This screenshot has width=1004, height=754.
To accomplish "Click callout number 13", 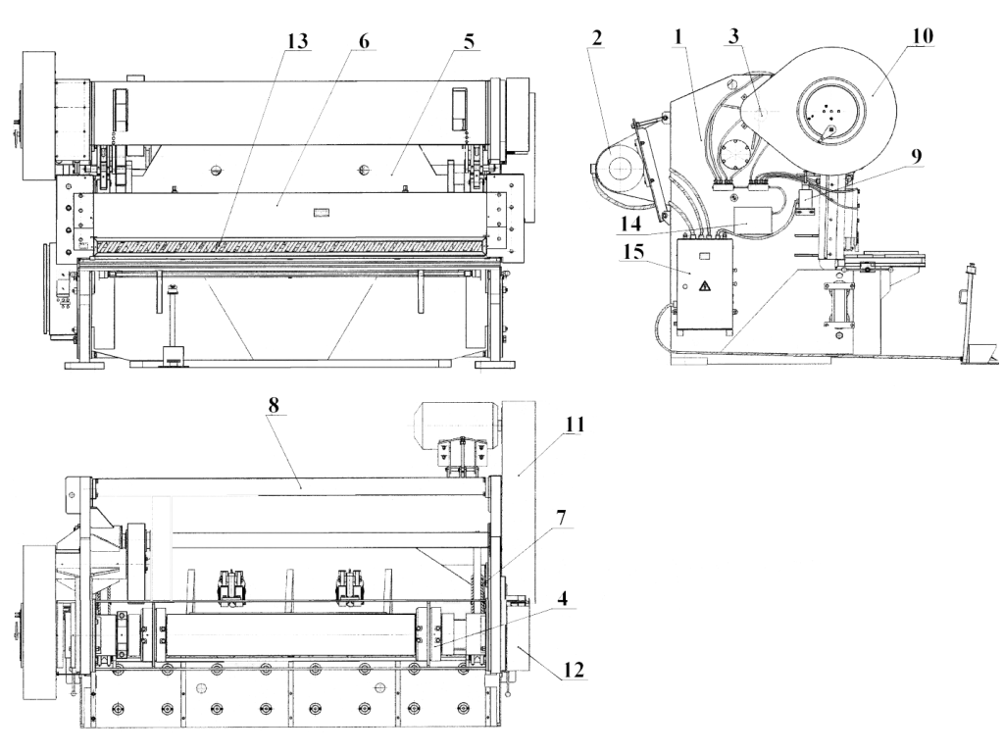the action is pos(297,41).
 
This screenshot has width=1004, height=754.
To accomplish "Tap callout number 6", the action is pos(364,40).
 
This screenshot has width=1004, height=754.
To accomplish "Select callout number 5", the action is pos(470,41).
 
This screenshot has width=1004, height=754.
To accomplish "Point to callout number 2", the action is pos(597,38).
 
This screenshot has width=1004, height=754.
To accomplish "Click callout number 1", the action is pos(678,36).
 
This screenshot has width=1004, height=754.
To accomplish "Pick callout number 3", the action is pos(733,36).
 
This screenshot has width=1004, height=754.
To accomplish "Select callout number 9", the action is pos(916,156).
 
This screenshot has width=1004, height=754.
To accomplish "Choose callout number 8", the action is pos(275,405).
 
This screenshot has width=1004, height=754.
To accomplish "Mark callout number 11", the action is pos(575,425).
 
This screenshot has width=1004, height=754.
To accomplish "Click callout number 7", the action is pos(561,518).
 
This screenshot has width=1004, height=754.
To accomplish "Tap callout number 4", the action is pos(562,600).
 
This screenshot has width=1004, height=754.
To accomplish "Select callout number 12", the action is pos(574,670).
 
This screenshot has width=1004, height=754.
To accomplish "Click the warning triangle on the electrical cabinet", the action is pos(704,285).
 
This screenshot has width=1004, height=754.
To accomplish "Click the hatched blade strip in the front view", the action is pos(290,244).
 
